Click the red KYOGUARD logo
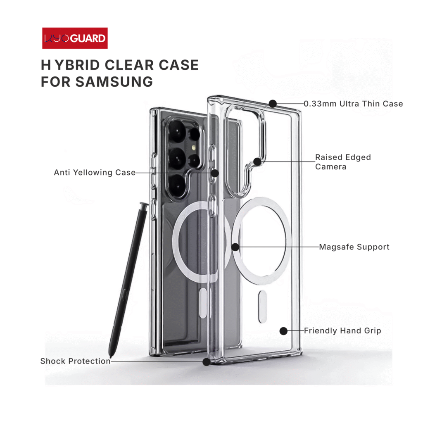coord(75,38)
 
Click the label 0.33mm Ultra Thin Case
coord(353,104)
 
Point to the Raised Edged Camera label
coord(343,162)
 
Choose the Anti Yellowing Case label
coord(95,173)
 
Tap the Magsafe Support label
coord(354,247)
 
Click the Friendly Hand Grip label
coord(342,331)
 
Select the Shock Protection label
coord(75,361)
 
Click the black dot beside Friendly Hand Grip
coord(283,331)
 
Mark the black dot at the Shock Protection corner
coord(206,361)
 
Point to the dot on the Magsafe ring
coord(235,247)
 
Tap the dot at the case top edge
coord(273,103)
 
